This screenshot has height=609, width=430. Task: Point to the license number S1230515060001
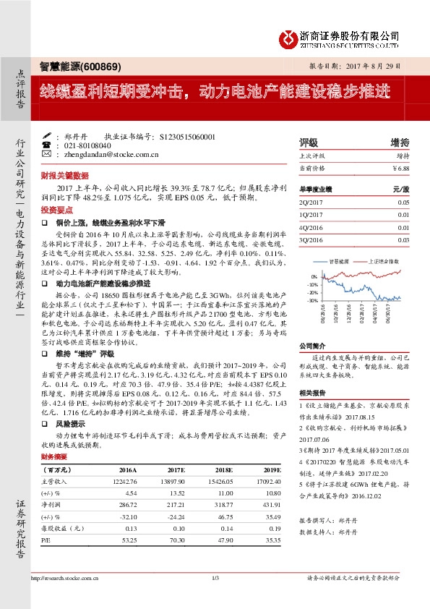tap(186, 136)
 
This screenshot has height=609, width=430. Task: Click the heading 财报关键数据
tap(64, 176)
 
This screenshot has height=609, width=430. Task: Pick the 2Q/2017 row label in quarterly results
tap(312, 203)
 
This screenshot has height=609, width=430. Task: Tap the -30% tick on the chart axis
tap(313, 300)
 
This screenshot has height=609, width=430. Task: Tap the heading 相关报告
tap(314, 392)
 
